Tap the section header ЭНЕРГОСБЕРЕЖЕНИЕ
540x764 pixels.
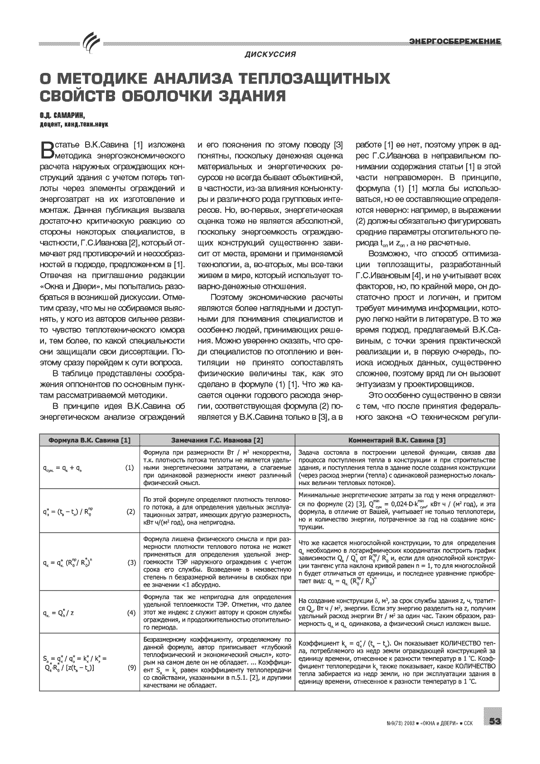click(x=455, y=42)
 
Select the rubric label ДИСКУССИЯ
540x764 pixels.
click(x=270, y=55)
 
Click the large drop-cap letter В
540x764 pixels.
click(x=47, y=150)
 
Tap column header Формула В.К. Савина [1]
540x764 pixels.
click(x=90, y=440)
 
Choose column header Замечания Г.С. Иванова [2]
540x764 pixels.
click(x=217, y=440)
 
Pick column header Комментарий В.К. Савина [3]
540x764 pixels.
click(x=397, y=440)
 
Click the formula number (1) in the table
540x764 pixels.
click(x=130, y=467)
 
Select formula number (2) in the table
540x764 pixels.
click(x=130, y=511)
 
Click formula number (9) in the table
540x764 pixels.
click(x=130, y=667)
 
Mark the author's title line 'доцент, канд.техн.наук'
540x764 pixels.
click(x=74, y=124)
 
